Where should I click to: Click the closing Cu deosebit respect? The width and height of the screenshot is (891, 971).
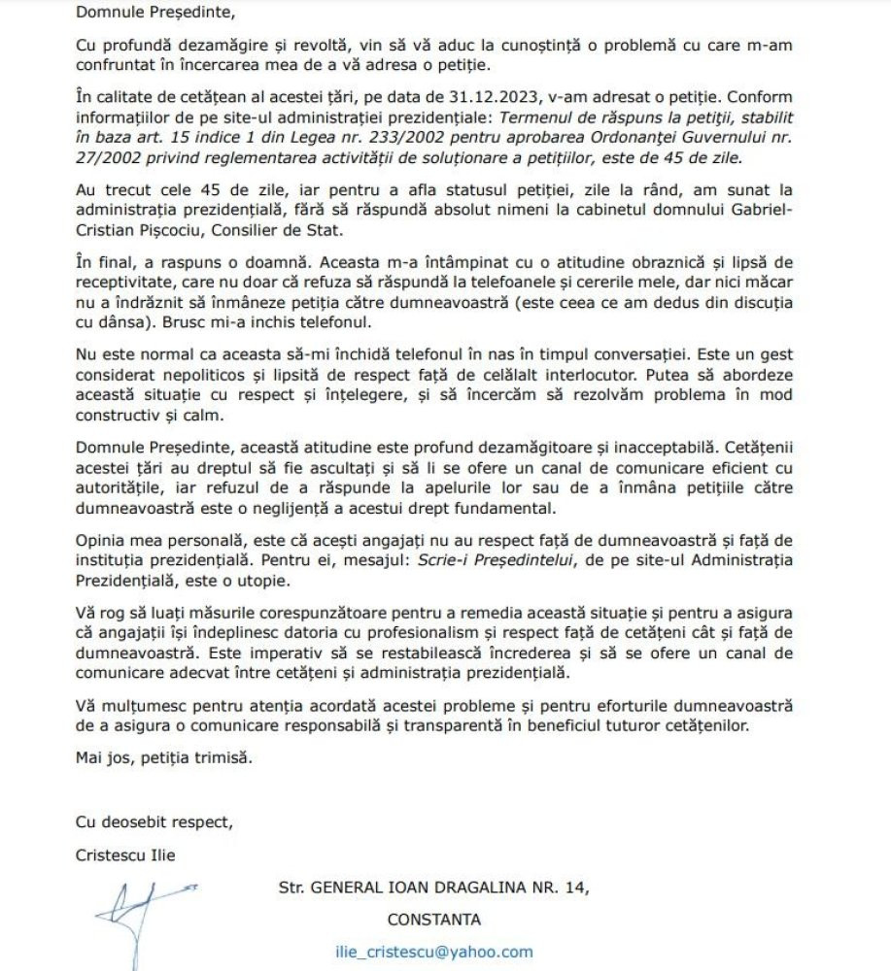pyautogui.click(x=154, y=821)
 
